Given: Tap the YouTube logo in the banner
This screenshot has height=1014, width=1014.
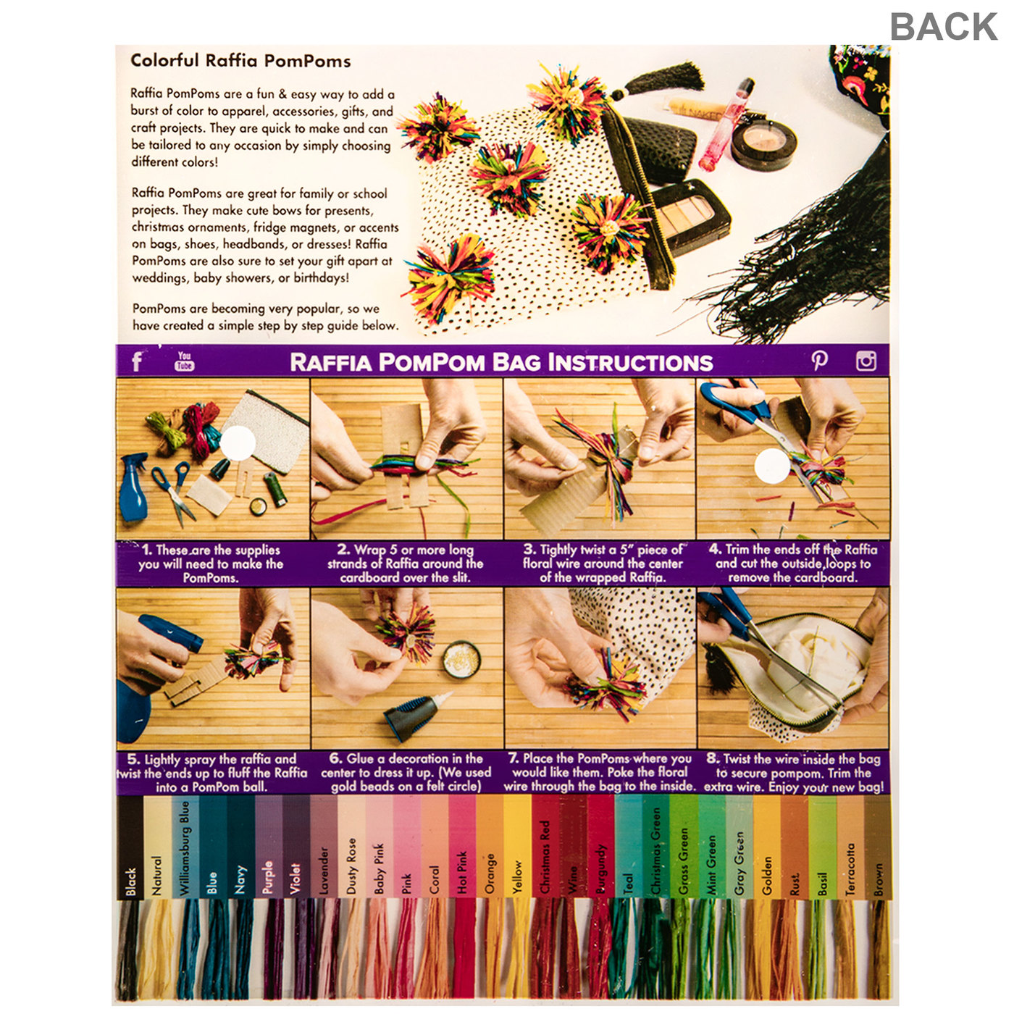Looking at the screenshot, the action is point(184,361).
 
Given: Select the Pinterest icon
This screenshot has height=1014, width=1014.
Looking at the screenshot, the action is point(818,360).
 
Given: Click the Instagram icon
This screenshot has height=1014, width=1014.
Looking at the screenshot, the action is point(866,361).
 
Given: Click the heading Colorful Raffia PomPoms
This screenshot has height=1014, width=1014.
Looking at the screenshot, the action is point(240,61).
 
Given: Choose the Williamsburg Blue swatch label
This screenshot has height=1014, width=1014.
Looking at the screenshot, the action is point(184,847).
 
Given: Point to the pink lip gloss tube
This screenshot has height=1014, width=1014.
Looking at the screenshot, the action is point(726,125).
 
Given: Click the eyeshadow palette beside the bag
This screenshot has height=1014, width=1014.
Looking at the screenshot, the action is point(690,216).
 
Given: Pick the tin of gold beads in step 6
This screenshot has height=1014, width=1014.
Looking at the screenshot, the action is point(461,659).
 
